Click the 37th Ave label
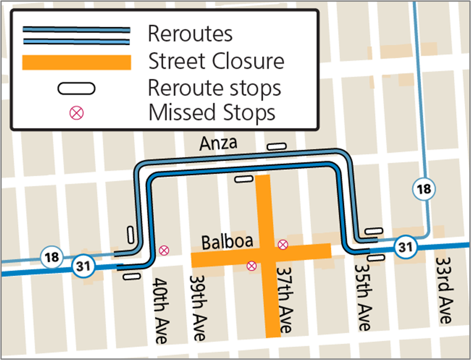(x=284, y=300)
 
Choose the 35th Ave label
(x=363, y=297)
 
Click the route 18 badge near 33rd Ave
(x=424, y=189)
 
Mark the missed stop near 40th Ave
(x=164, y=250)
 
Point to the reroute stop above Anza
(x=276, y=146)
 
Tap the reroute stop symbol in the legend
(x=77, y=89)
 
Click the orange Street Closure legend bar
(x=77, y=62)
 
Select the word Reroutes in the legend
(x=190, y=34)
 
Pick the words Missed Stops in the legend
(x=211, y=112)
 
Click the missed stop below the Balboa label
(x=251, y=266)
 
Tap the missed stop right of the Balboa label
(x=282, y=245)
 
